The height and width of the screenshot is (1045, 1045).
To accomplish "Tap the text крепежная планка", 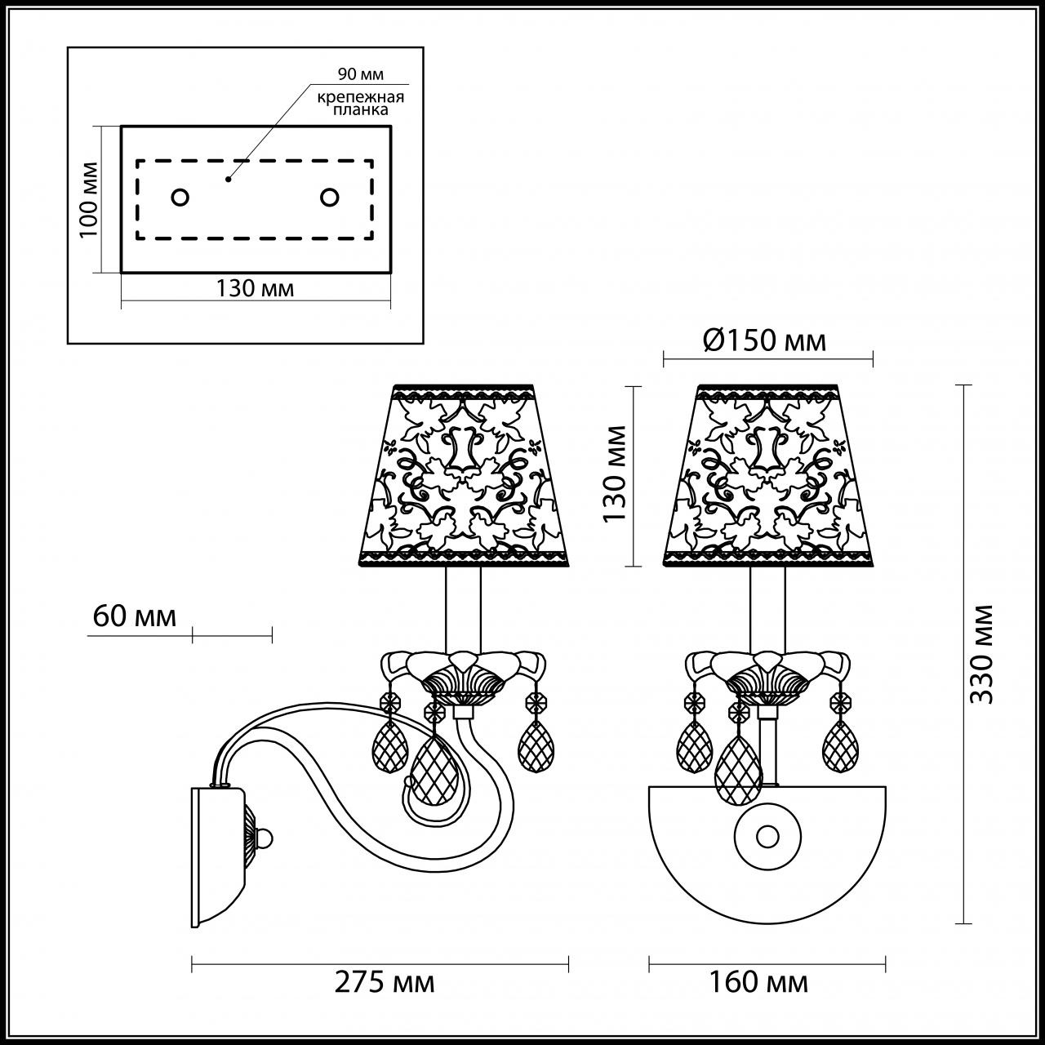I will (x=361, y=104).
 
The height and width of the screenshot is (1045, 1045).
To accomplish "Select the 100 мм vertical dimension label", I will (x=89, y=199).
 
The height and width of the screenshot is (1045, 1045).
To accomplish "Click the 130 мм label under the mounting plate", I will (x=255, y=288).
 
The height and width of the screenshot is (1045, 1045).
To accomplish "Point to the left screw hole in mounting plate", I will (x=180, y=198).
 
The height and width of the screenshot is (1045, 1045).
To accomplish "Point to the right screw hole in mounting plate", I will (x=330, y=198).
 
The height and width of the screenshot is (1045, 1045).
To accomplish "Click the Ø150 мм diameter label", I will (x=765, y=340).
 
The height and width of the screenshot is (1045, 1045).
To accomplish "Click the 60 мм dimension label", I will (x=135, y=616).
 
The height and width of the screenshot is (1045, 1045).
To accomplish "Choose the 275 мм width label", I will (x=385, y=982).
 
